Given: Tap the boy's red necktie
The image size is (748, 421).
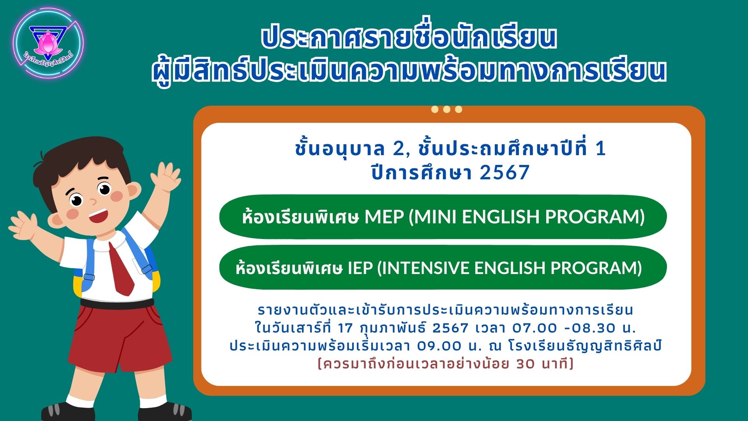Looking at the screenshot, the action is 121,269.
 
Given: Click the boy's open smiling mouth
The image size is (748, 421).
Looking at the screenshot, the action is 99,216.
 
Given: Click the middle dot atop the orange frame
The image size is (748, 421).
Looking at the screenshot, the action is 446,110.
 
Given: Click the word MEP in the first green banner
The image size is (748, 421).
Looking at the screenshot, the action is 384,217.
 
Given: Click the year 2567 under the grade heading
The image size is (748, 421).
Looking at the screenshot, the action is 505,173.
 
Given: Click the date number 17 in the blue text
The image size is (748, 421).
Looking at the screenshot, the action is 345,328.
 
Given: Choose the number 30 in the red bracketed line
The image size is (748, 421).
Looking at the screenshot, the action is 526,364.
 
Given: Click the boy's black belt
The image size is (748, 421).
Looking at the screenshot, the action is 117,303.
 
